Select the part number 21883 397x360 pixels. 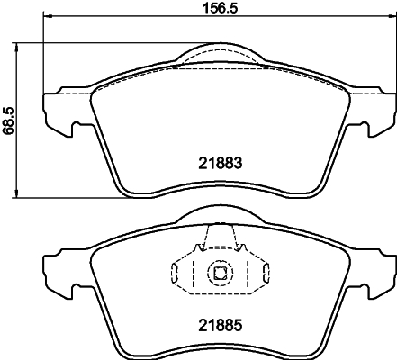221,165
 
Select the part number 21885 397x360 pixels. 221,321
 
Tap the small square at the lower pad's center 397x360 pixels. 220,272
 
